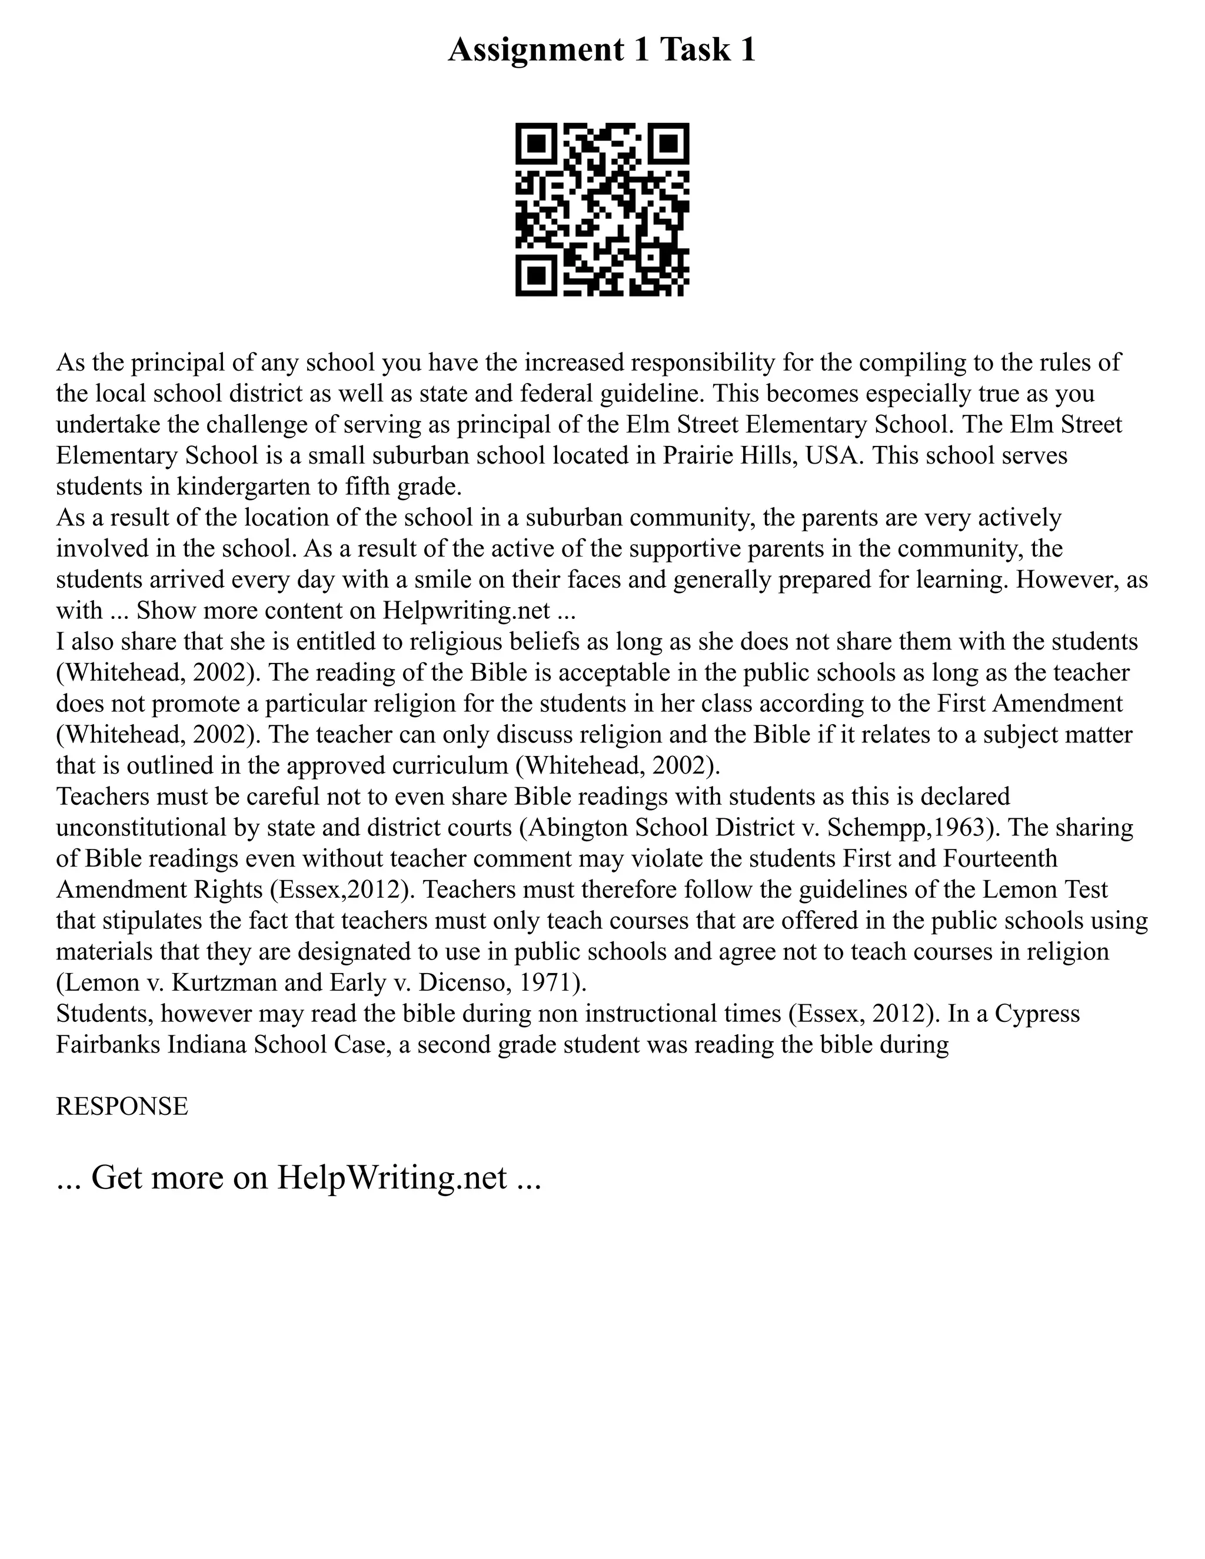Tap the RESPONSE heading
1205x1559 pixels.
click(122, 1107)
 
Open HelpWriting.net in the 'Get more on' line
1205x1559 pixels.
click(391, 1178)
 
